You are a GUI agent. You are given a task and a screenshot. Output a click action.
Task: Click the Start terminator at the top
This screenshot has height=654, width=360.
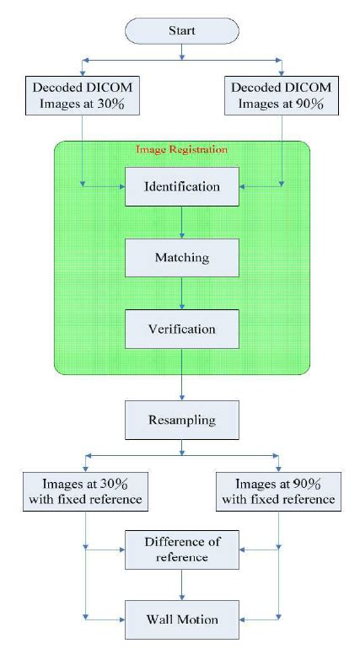[182, 31]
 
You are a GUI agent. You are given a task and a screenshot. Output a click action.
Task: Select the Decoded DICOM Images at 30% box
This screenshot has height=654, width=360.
[83, 94]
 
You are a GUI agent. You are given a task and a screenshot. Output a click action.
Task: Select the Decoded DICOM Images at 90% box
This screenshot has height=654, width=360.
[281, 94]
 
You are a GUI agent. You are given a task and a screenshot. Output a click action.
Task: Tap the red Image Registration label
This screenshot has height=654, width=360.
[181, 149]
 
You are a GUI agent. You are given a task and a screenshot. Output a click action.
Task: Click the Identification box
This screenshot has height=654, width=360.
[182, 186]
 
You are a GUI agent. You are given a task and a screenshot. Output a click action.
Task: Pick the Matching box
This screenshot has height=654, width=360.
[182, 258]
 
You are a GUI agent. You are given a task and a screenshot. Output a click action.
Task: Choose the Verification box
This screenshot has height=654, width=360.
[182, 329]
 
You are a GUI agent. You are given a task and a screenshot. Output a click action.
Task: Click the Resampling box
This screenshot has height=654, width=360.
[182, 419]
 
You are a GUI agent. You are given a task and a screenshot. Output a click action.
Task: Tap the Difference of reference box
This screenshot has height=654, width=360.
[182, 548]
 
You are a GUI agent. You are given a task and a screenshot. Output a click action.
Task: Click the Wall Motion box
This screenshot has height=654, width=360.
[182, 619]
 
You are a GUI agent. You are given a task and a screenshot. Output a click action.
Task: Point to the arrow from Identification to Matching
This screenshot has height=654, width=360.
[182, 222]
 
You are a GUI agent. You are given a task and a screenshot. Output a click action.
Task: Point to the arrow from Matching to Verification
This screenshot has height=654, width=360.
[182, 293]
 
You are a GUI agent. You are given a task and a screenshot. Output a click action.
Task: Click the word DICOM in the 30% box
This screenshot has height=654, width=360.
[109, 86]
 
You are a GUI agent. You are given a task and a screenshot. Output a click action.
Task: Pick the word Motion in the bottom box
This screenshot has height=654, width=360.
[198, 619]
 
